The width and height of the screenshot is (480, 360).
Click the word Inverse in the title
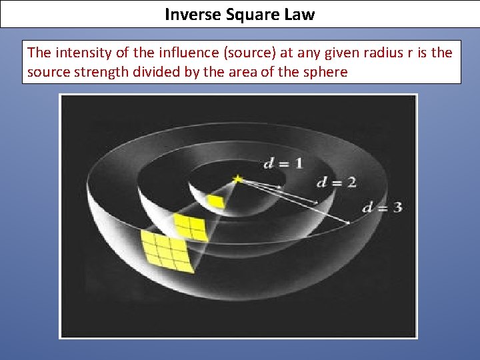189,14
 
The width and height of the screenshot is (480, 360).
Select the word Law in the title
299,14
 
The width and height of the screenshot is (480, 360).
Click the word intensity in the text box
81,52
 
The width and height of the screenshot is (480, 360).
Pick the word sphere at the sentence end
325,71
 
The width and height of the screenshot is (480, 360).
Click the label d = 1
283,163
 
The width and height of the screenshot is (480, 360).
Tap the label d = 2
336,182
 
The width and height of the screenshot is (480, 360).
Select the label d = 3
382,207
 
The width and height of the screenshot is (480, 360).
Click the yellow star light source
237,179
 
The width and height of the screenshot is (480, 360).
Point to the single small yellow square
215,201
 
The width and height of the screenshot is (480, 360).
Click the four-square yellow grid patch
189,227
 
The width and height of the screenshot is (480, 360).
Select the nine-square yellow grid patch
168,251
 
